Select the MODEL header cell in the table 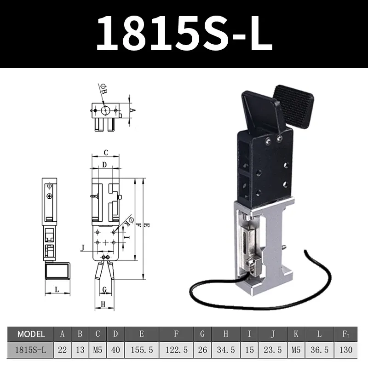tap(31, 334)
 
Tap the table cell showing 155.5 tap(142, 350)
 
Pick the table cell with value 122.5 tap(177, 350)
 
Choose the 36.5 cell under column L tap(320, 350)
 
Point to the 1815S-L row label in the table tap(31, 350)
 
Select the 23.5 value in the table tap(273, 350)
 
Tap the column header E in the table tap(142, 334)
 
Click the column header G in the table tap(202, 334)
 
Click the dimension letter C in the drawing tap(105, 153)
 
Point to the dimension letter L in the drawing tap(56, 289)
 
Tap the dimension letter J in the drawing tap(82, 248)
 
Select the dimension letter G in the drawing tap(105, 289)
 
